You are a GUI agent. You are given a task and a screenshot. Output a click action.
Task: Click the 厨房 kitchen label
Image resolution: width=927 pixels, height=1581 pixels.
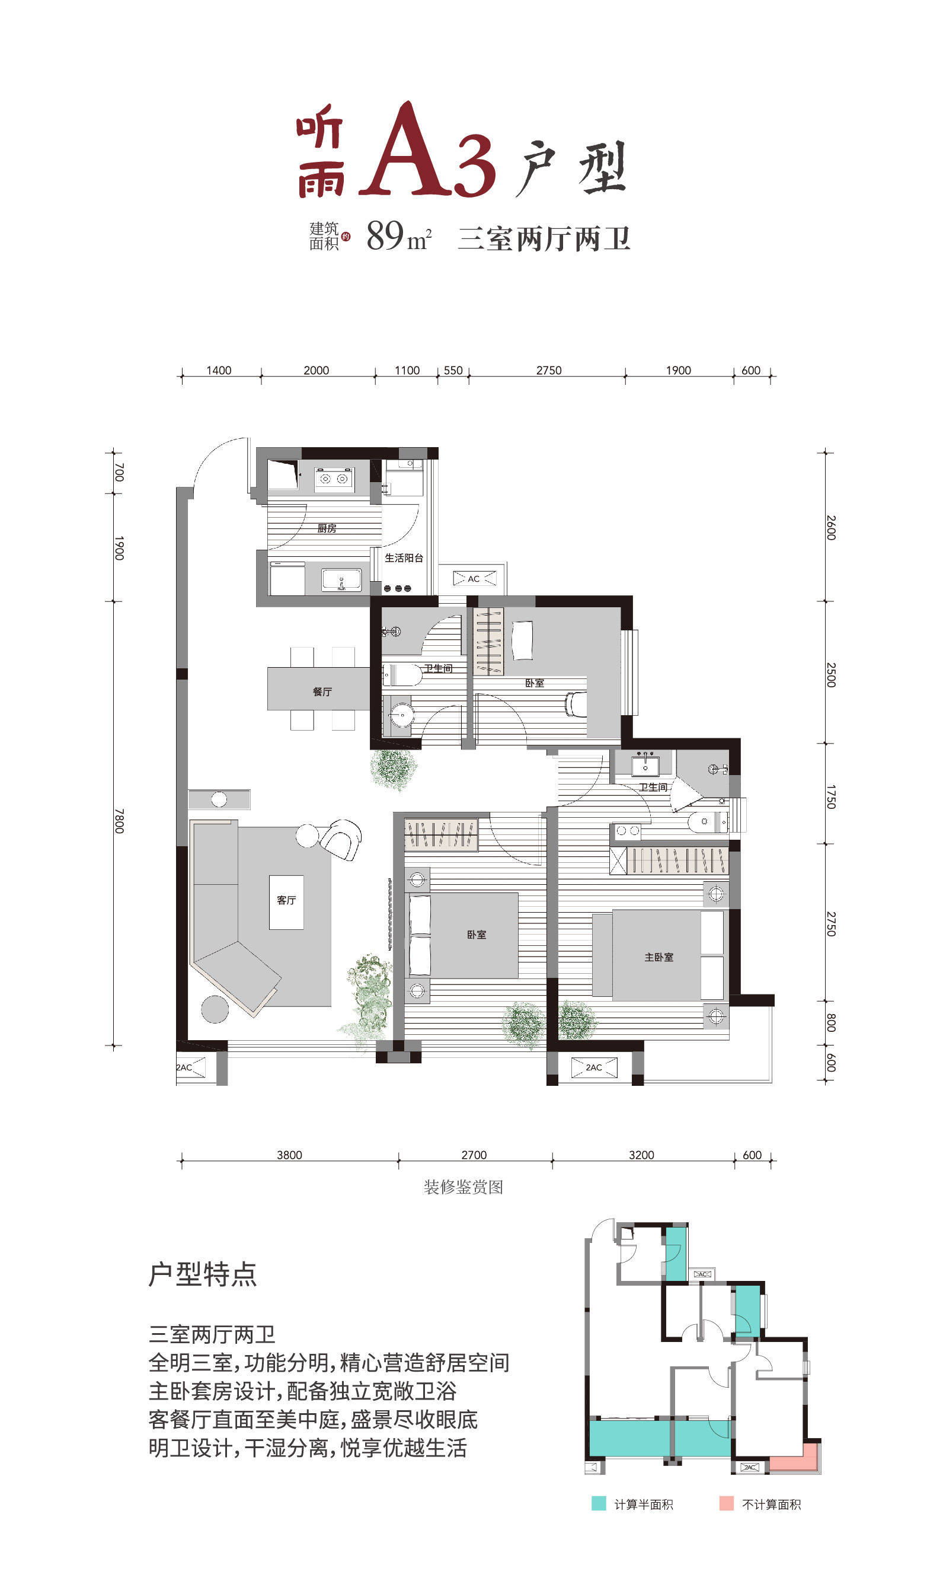click(326, 528)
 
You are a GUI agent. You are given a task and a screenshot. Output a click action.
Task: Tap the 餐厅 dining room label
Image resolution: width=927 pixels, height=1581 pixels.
click(322, 691)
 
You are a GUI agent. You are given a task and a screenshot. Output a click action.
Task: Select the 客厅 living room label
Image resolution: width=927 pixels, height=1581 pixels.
click(286, 900)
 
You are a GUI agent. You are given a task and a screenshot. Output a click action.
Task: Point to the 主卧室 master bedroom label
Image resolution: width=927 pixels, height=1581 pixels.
click(659, 957)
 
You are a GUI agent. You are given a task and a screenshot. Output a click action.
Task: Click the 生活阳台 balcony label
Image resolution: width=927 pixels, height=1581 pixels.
click(403, 558)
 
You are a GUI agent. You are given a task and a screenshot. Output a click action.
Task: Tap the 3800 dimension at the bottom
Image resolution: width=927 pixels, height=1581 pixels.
click(289, 1155)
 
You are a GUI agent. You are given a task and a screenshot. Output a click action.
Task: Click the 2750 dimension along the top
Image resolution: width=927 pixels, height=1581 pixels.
click(548, 370)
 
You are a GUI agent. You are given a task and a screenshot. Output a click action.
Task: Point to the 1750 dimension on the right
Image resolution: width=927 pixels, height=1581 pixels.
click(831, 796)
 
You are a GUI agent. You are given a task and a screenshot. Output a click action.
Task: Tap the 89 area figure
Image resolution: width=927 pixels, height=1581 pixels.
click(385, 235)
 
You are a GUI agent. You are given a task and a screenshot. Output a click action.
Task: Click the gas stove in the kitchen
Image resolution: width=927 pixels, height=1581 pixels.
click(334, 479)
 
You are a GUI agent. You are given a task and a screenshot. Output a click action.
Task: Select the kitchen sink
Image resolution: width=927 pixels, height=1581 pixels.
click(342, 581)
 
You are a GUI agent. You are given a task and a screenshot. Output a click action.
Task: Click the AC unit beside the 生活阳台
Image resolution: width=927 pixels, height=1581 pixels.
click(474, 578)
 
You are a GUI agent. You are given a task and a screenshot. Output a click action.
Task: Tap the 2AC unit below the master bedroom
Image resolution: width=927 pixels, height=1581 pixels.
click(594, 1067)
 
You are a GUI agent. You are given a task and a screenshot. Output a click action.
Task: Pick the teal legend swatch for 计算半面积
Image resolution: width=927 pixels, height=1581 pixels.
click(599, 1503)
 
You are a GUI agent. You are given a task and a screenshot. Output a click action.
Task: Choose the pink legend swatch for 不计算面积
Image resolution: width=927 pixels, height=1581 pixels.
click(726, 1503)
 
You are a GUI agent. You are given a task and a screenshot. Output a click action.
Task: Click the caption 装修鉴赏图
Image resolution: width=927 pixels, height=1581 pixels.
click(463, 1187)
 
